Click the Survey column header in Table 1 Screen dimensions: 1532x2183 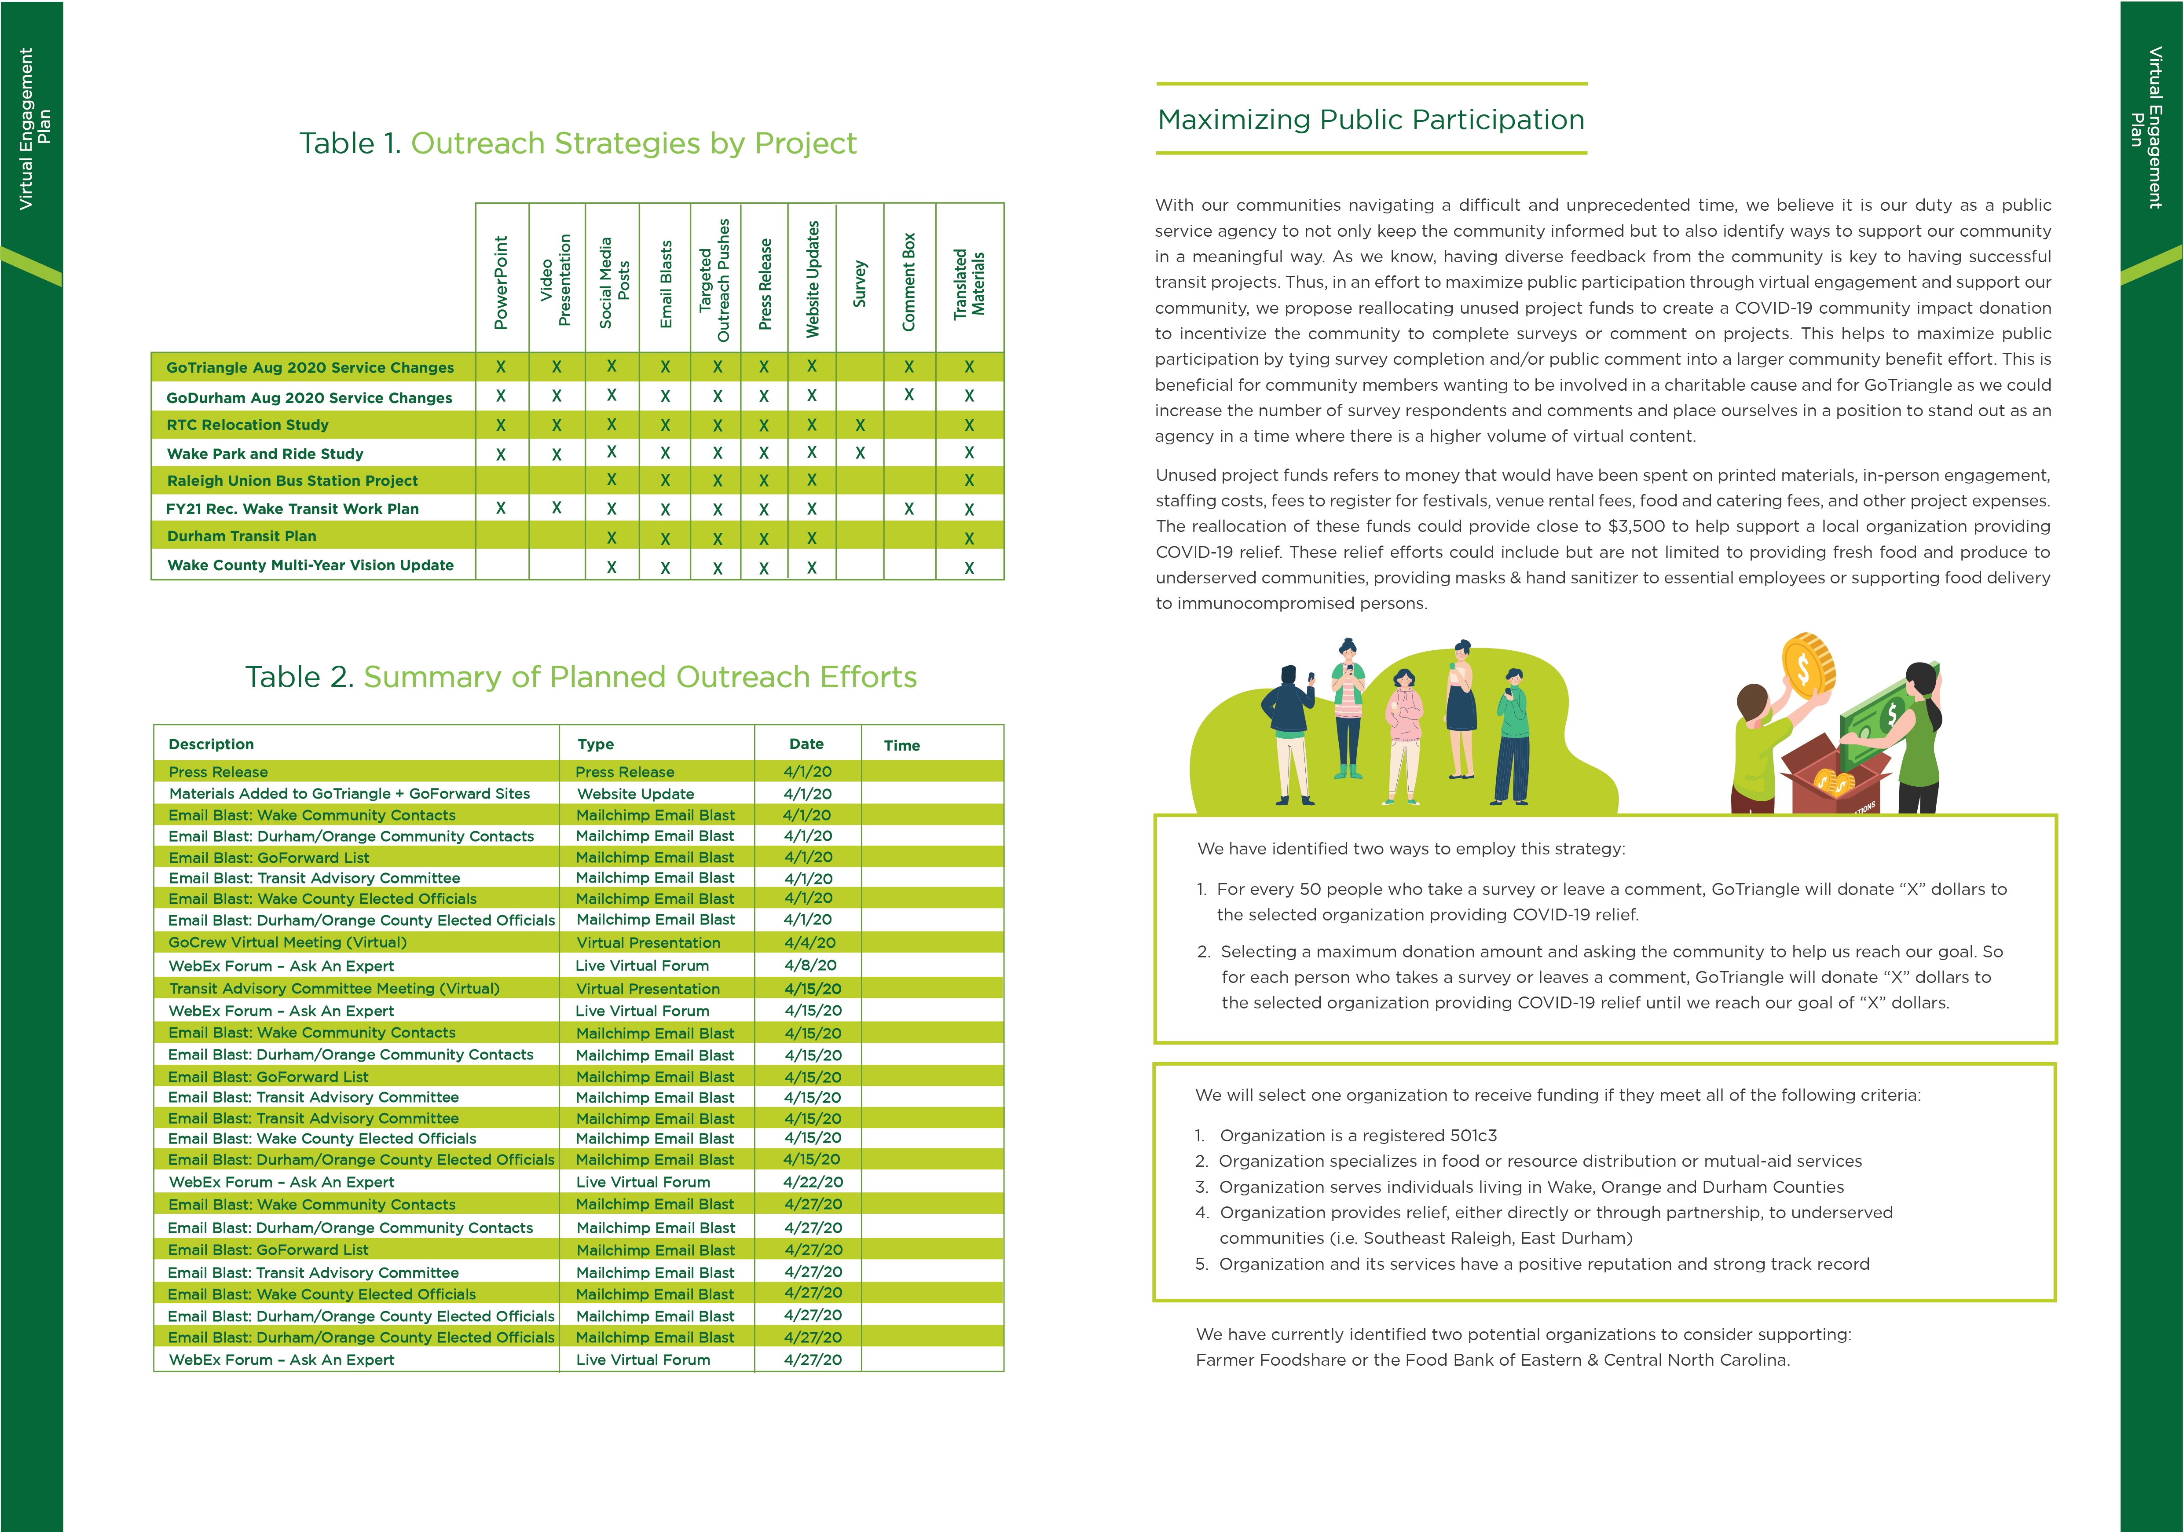tap(860, 283)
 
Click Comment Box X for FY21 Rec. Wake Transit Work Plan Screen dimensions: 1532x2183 tap(909, 509)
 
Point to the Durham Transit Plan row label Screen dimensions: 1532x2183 tap(242, 536)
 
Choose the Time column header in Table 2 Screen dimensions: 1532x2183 tap(901, 746)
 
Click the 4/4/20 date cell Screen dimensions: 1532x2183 tap(809, 942)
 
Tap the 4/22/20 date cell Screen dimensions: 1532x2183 tap(812, 1182)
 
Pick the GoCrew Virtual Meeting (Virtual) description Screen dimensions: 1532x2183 tap(287, 942)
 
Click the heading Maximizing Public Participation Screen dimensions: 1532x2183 tap(1370, 120)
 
